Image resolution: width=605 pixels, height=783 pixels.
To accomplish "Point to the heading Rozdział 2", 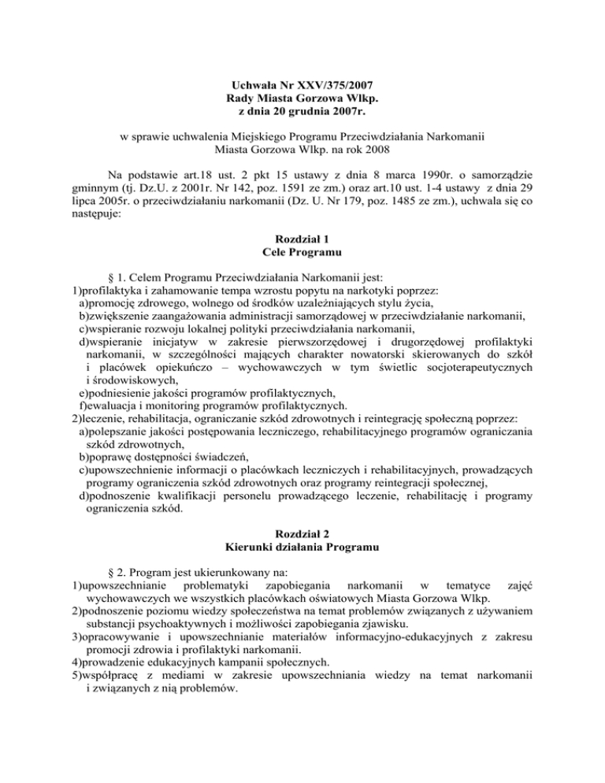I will pyautogui.click(x=302, y=536).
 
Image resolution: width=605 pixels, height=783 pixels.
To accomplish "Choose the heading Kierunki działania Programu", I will pyautogui.click(x=302, y=551).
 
